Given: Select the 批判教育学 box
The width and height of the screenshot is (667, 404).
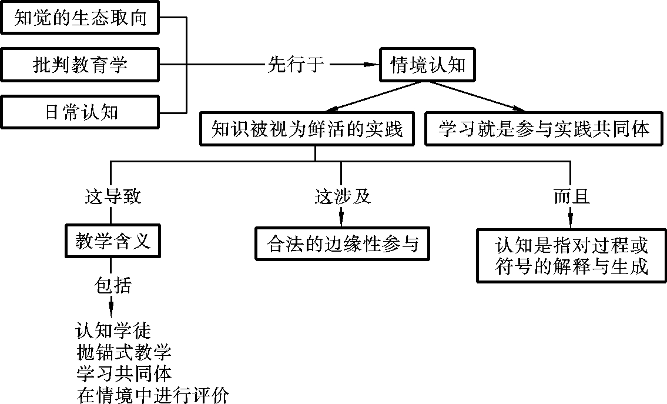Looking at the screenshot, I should [80, 64].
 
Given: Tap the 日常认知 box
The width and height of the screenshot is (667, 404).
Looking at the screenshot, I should [80, 111].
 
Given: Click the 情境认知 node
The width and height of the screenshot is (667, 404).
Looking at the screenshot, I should [428, 64].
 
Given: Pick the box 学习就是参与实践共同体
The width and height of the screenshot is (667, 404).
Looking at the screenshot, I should [544, 129].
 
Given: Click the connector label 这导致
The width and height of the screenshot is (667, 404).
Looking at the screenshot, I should [113, 196].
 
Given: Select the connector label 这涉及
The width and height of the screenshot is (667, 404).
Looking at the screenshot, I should [343, 196].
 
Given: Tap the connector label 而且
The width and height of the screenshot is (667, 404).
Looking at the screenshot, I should [571, 196].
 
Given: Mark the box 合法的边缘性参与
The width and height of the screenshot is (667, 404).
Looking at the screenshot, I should [343, 243].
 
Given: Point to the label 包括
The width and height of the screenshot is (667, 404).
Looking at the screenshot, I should [113, 286].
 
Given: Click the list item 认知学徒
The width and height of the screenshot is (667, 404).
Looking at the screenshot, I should [113, 330].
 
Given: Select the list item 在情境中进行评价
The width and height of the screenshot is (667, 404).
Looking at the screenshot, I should [152, 395].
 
